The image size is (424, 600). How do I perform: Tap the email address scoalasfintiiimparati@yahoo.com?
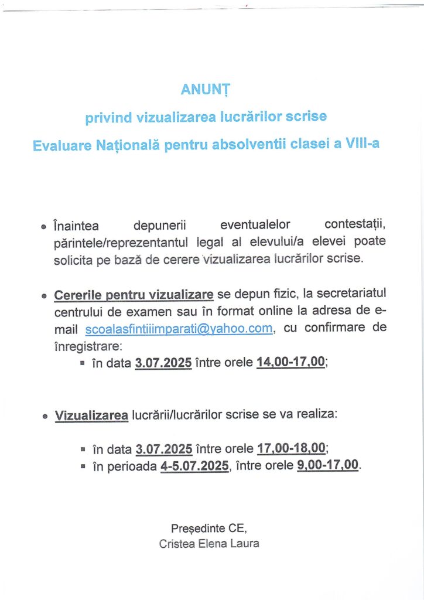pyautogui.click(x=179, y=329)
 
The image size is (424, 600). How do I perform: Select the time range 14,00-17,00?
pyautogui.click(x=290, y=362)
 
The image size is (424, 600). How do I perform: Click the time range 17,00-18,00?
pyautogui.click(x=291, y=449)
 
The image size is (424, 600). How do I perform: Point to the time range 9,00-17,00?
pyautogui.click(x=328, y=466)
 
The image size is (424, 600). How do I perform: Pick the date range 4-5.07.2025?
pyautogui.click(x=194, y=467)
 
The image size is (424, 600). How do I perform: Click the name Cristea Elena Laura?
pyautogui.click(x=209, y=543)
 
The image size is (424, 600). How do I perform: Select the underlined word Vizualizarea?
pyautogui.click(x=91, y=415)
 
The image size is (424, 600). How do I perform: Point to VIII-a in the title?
pyautogui.click(x=361, y=142)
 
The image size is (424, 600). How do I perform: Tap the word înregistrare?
pyautogui.click(x=83, y=346)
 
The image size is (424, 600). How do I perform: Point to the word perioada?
pyautogui.click(x=130, y=467)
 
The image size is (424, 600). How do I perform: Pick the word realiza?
pyautogui.click(x=319, y=414)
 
